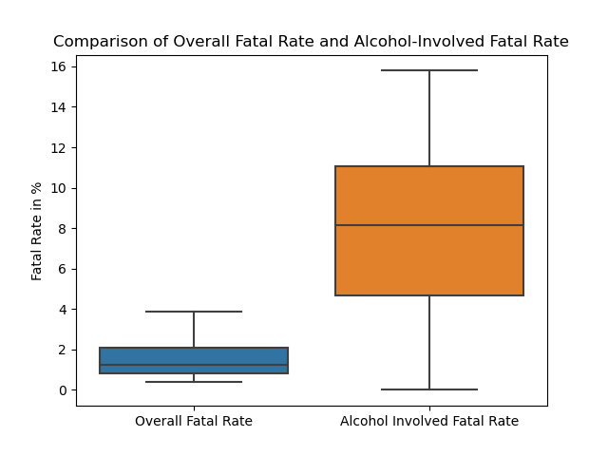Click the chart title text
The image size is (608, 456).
pyautogui.click(x=311, y=42)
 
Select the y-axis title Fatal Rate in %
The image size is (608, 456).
pyautogui.click(x=38, y=231)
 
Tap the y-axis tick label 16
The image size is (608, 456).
pyautogui.click(x=58, y=66)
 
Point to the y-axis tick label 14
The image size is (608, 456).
pyautogui.click(x=58, y=107)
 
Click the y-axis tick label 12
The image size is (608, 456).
pyautogui.click(x=58, y=147)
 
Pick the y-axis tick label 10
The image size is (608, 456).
pyautogui.click(x=58, y=188)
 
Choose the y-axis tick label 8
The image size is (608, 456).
pyautogui.click(x=62, y=228)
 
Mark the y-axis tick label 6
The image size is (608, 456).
pyautogui.click(x=62, y=269)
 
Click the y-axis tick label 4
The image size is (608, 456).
pyautogui.click(x=62, y=309)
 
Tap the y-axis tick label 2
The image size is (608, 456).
pyautogui.click(x=62, y=350)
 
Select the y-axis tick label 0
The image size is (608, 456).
pyautogui.click(x=62, y=389)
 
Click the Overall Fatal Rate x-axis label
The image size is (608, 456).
pyautogui.click(x=194, y=421)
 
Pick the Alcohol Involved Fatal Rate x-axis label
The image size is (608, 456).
pyautogui.click(x=429, y=421)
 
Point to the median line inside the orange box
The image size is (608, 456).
pyautogui.click(x=429, y=225)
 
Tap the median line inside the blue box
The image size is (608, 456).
pyautogui.click(x=194, y=365)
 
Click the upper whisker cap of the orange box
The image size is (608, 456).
pyautogui.click(x=429, y=70)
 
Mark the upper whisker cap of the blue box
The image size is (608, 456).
pyautogui.click(x=194, y=312)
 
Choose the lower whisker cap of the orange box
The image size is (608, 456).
pyautogui.click(x=429, y=389)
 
